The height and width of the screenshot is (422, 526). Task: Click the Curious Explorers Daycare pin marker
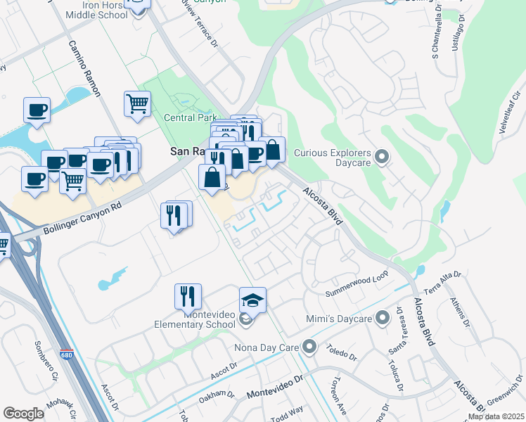[382, 156]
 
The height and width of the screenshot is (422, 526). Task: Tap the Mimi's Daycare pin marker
[383, 319]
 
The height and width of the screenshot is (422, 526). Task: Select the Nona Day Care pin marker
[310, 347]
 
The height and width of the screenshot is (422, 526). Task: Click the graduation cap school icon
[253, 301]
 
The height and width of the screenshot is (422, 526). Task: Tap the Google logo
[23, 414]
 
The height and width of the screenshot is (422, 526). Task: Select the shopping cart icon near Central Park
[137, 104]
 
